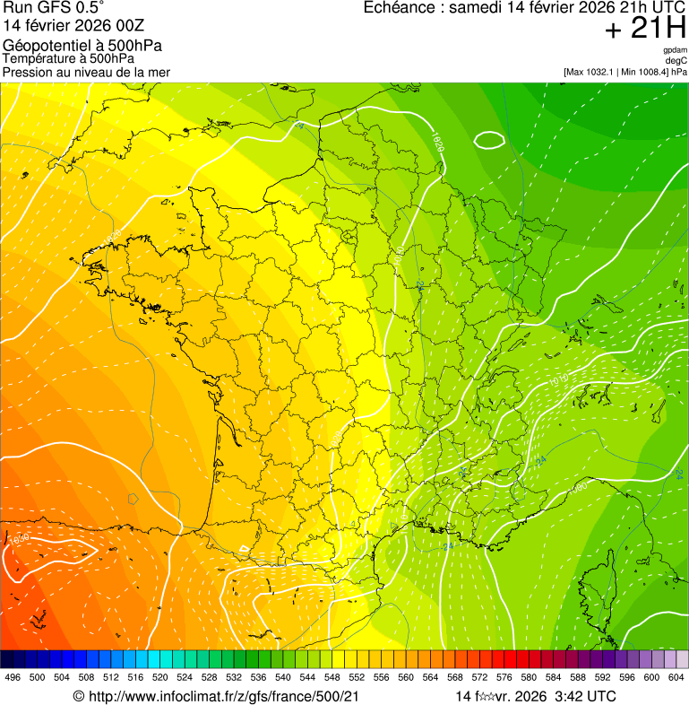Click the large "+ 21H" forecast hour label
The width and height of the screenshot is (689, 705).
tap(645, 30)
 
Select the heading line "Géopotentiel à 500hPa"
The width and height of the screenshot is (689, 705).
tap(76, 46)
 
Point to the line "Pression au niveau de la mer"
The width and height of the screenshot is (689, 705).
tap(86, 72)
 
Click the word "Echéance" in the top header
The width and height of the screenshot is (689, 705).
tap(400, 8)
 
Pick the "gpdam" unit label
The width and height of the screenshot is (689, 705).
tap(675, 50)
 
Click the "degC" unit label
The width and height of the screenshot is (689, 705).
tap(676, 61)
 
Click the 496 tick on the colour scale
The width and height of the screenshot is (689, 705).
tap(13, 677)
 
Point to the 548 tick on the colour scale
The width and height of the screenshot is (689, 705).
tap(330, 677)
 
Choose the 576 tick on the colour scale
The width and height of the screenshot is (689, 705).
tap(504, 677)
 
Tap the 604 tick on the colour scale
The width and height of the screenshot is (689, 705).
tap(676, 677)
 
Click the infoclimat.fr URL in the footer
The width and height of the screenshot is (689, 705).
tap(223, 696)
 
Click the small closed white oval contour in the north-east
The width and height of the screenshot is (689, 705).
tap(489, 140)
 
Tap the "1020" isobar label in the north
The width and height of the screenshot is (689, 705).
tap(437, 141)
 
